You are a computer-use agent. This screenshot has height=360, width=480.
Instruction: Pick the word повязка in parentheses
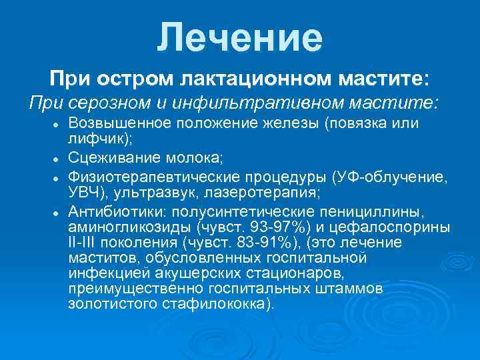pyautogui.click(x=363, y=125)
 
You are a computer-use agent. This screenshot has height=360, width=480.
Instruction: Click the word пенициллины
pyautogui.click(x=387, y=211)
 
